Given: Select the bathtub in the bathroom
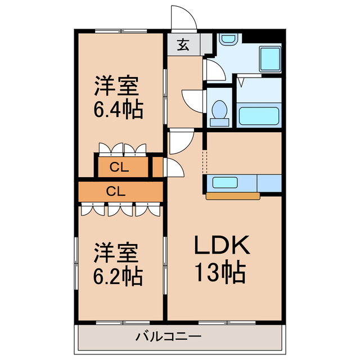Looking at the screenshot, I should tap(258, 116).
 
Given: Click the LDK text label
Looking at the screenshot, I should tap(222, 245).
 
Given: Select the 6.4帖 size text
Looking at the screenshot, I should tap(118, 107).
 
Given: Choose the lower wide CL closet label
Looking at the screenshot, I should tap(115, 191).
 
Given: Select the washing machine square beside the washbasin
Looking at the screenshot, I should tap(269, 58).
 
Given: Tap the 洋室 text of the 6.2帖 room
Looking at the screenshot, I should tap(116, 253).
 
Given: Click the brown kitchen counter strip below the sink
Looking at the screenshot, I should tap(233, 196).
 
